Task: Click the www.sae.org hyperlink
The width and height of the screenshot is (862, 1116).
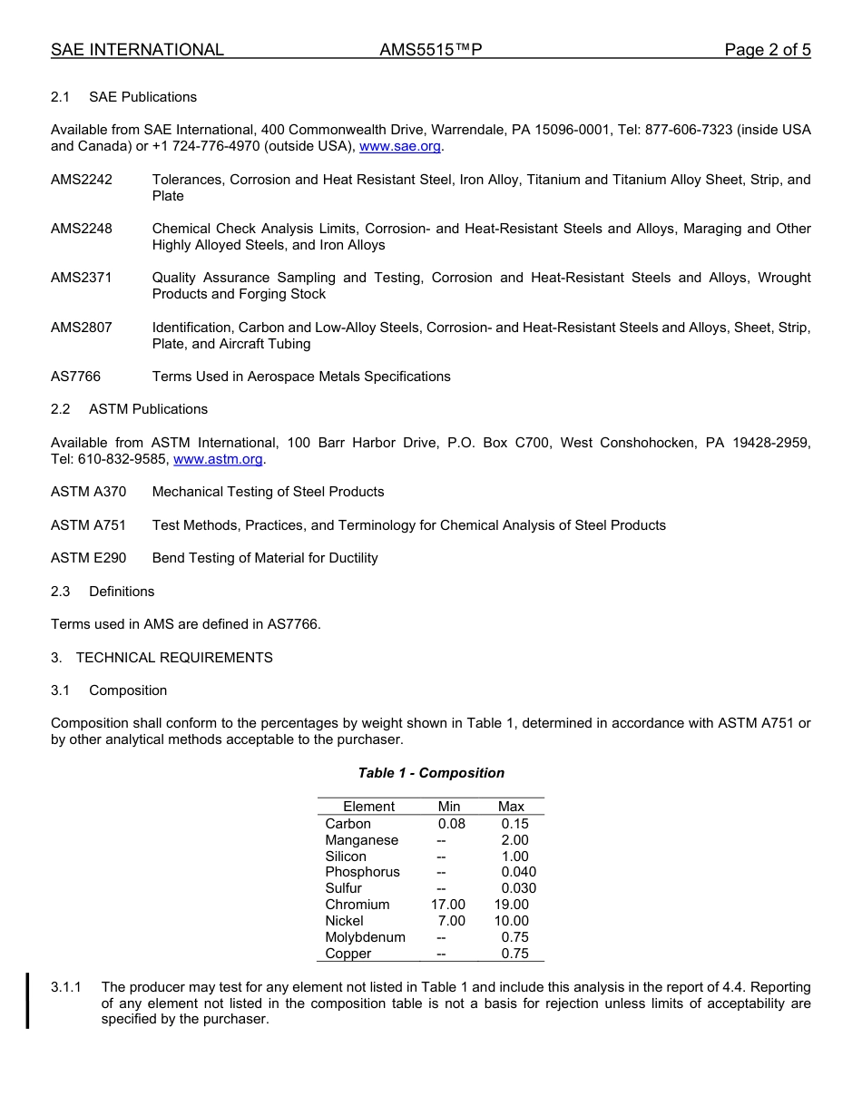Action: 400,146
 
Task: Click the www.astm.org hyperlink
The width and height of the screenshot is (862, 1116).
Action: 218,459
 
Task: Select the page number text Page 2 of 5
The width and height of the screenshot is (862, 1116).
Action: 767,50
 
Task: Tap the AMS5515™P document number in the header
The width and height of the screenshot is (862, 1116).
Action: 430,50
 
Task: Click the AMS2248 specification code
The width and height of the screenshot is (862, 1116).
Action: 82,229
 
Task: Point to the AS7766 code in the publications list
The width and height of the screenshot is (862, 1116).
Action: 75,377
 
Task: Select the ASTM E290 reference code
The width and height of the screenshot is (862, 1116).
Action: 88,558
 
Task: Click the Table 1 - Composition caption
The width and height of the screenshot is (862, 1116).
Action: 431,773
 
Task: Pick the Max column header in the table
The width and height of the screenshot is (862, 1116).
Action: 511,807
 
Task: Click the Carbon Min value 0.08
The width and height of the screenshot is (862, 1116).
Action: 451,824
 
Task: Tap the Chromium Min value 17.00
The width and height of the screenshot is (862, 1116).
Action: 448,905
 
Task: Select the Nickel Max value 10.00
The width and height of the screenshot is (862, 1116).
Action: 511,921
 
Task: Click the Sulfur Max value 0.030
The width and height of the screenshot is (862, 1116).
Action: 518,888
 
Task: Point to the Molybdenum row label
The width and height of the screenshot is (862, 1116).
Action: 365,937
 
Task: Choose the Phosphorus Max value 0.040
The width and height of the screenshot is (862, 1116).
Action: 518,872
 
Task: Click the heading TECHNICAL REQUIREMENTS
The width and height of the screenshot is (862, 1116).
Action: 174,658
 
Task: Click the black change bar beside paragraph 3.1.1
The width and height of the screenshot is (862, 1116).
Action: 27,1001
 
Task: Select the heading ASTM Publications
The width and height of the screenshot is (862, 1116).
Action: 148,409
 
